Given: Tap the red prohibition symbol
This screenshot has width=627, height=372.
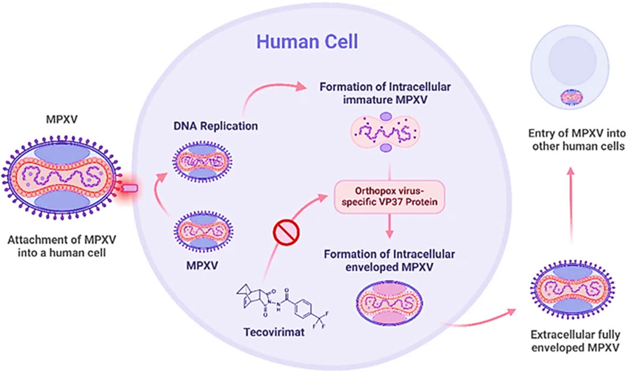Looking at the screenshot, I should (286, 241).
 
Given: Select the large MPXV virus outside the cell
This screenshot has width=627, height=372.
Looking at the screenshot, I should (65, 175).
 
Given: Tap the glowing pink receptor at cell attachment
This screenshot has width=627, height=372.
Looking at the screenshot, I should (131, 188).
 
